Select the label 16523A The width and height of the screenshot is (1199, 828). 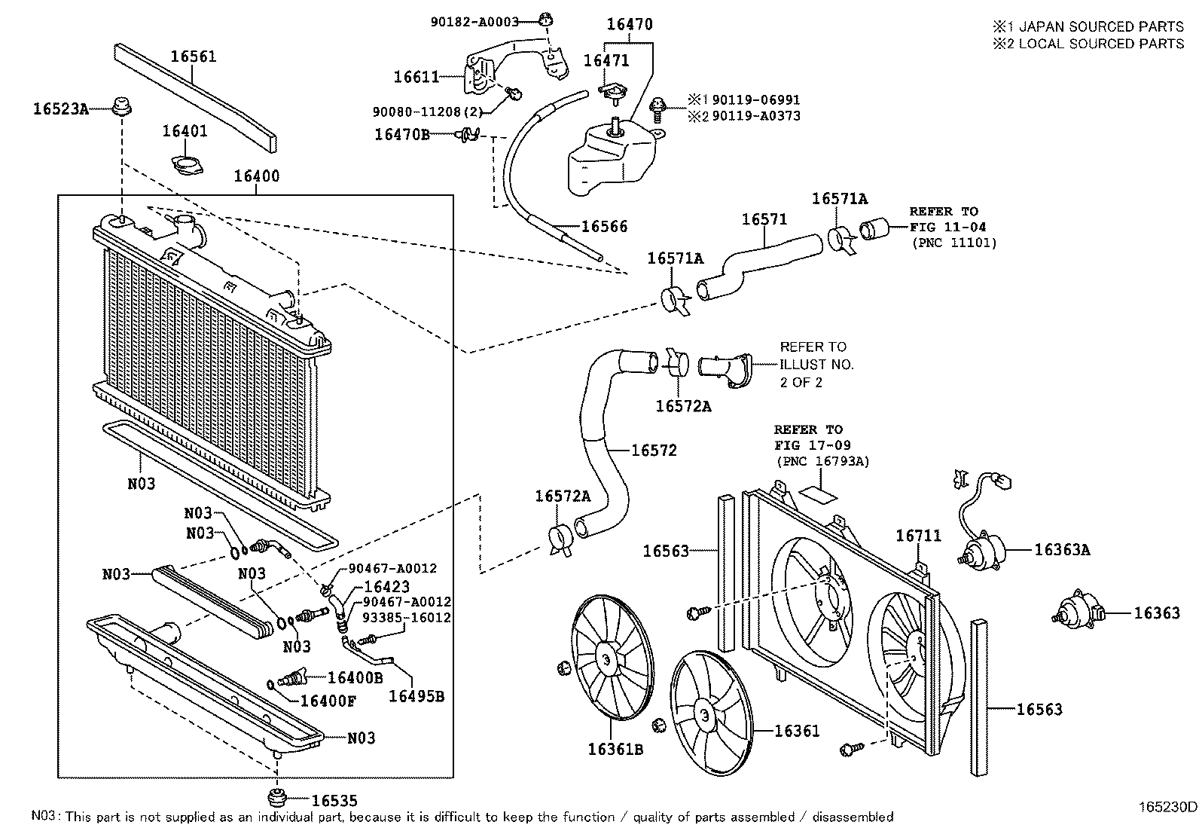coord(60,109)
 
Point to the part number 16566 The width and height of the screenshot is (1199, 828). coord(604,227)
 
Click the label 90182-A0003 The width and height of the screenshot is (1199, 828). coord(474,22)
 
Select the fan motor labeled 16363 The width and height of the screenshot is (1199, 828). coord(1079,612)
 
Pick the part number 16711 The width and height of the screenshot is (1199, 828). coord(918,536)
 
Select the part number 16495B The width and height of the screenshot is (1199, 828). coord(416,697)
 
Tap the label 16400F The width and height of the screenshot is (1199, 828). coord(328,701)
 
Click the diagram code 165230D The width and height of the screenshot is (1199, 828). coord(1167,806)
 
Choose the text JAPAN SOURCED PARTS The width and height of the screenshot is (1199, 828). coord(1100,26)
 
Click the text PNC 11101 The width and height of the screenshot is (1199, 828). coord(953,243)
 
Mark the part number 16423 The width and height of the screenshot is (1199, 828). coord(386,586)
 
